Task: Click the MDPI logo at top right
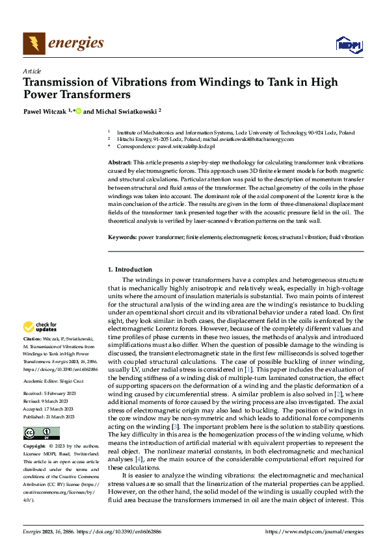[x=348, y=44]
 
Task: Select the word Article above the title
[x=32, y=71]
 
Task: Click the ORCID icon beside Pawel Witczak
[x=79, y=111]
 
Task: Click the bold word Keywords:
[x=122, y=238]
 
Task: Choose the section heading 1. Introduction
[x=130, y=269]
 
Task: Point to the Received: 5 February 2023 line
[x=51, y=375]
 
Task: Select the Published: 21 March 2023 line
[x=51, y=398]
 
